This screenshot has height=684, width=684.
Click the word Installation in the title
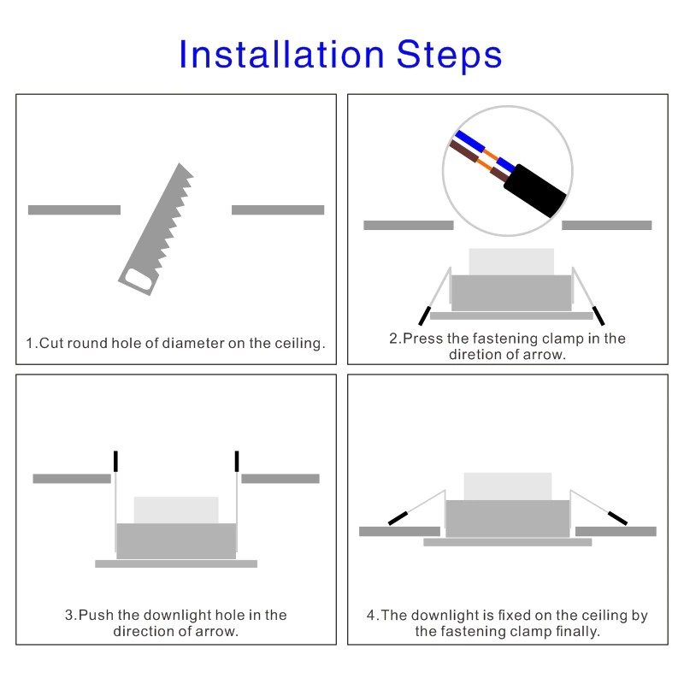(282, 54)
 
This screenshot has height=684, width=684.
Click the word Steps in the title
(450, 55)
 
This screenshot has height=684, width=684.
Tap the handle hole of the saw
(139, 280)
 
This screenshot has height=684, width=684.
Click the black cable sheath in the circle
(535, 191)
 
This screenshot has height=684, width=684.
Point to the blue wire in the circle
(485, 151)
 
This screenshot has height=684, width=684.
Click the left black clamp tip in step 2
(424, 315)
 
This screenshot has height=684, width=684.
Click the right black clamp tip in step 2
(598, 315)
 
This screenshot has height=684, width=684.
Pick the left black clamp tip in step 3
(115, 461)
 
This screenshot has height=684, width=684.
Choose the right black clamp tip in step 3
(237, 461)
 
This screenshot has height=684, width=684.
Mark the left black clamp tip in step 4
(398, 518)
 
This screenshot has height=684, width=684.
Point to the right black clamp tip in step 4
(617, 518)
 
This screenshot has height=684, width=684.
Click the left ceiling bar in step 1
(74, 209)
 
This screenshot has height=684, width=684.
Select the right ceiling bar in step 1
(278, 209)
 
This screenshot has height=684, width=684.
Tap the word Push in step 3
(96, 615)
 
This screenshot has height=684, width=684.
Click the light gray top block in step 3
(176, 510)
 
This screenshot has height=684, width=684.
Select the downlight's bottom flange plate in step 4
(508, 542)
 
